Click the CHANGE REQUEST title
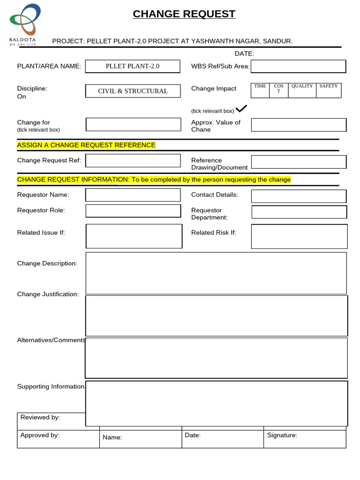[184, 14]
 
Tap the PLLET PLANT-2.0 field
[133, 66]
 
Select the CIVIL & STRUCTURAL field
[133, 91]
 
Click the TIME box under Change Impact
[260, 90]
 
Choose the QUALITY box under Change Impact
[302, 90]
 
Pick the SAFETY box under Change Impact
[328, 90]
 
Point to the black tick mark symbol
[241, 109]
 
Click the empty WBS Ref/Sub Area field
[298, 67]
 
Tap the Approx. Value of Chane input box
[299, 125]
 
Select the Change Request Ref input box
[133, 160]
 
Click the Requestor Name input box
[133, 195]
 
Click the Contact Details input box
[299, 196]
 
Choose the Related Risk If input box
[299, 236]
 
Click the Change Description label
[47, 263]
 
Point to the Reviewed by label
[40, 417]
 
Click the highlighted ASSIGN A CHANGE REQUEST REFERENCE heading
[86, 145]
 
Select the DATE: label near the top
[244, 54]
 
